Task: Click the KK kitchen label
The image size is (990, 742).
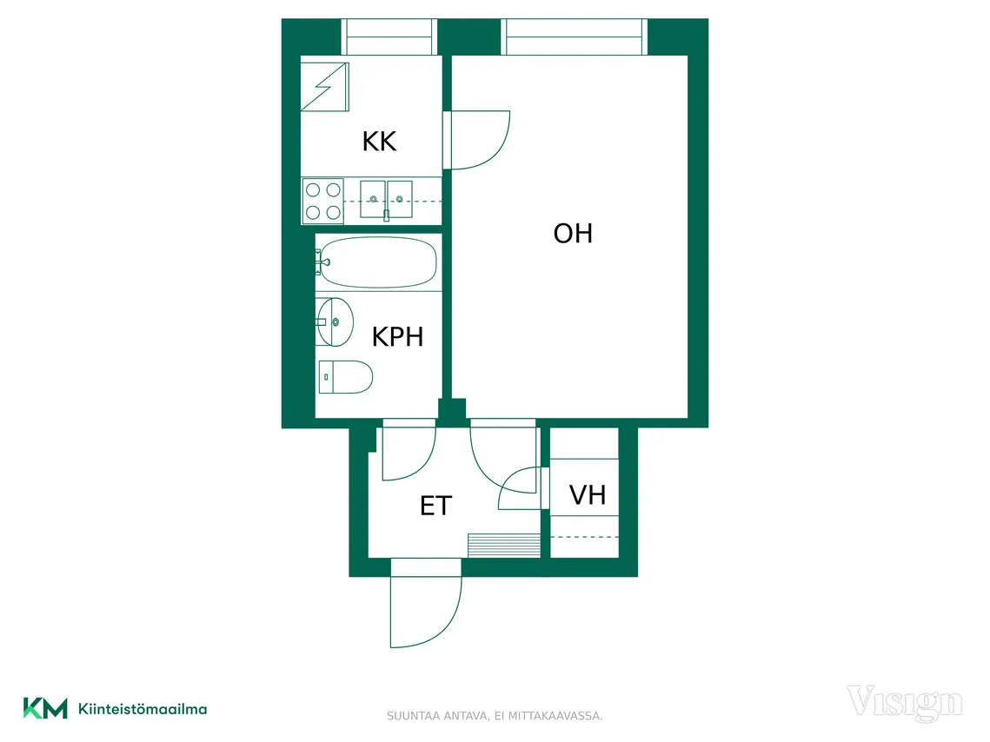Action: [x=380, y=142]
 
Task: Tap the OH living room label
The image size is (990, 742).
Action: [x=573, y=234]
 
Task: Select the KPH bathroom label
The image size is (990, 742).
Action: [x=397, y=337]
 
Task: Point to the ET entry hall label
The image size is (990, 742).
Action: [x=436, y=506]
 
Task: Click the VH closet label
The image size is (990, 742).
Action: [x=588, y=495]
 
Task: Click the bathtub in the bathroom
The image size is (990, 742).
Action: [x=377, y=262]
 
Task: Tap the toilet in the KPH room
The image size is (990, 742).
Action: [x=345, y=377]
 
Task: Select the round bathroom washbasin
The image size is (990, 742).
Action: [x=336, y=321]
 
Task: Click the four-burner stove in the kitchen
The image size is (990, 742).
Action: [x=323, y=202]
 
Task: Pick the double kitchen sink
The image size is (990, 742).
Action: [x=387, y=199]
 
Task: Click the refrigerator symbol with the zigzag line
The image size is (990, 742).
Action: [x=324, y=86]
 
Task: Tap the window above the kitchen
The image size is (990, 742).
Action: [x=389, y=36]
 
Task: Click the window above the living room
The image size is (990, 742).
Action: [x=575, y=36]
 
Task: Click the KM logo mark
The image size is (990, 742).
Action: [x=45, y=708]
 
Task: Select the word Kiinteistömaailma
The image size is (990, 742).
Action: [x=143, y=709]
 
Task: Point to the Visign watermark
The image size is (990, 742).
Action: [x=905, y=703]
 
